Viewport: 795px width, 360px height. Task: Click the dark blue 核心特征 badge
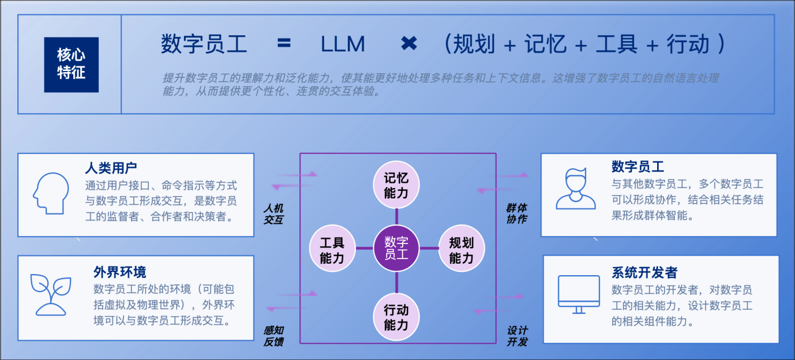[71, 65]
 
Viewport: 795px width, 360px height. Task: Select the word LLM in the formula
[343, 44]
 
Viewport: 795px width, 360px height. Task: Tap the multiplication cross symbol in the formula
[408, 43]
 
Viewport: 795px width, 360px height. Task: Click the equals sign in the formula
[284, 44]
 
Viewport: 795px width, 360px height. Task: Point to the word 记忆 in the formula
[545, 44]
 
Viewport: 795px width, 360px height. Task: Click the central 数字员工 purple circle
[396, 249]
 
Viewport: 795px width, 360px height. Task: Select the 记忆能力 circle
[396, 185]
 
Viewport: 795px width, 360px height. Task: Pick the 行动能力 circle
[396, 317]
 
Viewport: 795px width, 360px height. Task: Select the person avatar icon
[575, 189]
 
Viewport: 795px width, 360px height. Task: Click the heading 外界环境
[120, 272]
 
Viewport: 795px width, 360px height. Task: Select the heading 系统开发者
[644, 272]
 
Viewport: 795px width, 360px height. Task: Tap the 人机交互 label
[274, 213]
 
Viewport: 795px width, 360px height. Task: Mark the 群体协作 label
[517, 213]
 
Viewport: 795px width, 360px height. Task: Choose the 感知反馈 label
[274, 336]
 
